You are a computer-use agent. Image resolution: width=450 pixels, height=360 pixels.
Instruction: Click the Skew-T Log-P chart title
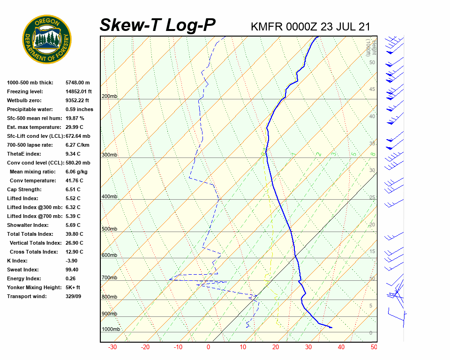point(157,25)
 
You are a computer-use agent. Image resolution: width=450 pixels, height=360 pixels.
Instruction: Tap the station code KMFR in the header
point(267,26)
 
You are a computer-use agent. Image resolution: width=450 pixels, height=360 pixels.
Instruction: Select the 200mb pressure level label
point(110,97)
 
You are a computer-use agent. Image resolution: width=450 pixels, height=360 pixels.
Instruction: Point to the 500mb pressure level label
point(110,229)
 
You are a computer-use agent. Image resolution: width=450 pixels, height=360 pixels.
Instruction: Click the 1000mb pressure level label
point(111,330)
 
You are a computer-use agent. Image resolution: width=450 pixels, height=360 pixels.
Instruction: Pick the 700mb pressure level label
point(110,278)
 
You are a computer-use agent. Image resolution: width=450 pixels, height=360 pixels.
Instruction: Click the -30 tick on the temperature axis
point(112,347)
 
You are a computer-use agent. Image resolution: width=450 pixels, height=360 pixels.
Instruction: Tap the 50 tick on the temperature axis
point(374,347)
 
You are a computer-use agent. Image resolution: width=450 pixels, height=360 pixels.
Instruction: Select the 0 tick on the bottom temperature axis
point(209,347)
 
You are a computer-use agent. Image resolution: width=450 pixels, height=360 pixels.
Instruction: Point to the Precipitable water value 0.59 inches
point(79,109)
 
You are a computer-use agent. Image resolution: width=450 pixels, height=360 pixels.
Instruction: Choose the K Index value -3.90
point(73,261)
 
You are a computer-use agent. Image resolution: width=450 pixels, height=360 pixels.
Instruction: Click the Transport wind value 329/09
point(73,296)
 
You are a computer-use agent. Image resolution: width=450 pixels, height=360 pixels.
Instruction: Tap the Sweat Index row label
point(23,270)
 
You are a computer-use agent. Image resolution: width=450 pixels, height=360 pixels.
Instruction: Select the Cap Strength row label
point(24,189)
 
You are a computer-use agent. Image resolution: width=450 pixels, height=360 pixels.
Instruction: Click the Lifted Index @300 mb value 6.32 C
point(73,207)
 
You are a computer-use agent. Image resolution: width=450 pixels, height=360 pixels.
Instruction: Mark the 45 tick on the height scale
point(372,90)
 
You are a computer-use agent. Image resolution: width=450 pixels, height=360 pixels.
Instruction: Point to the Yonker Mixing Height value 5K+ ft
point(73,287)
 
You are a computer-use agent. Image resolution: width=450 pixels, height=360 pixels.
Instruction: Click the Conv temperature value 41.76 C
point(75,180)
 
